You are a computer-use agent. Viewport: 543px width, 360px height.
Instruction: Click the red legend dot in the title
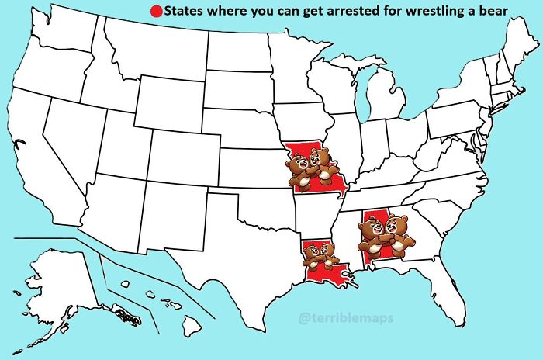tap(155, 12)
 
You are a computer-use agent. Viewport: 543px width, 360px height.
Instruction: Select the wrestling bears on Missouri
tap(313, 169)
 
